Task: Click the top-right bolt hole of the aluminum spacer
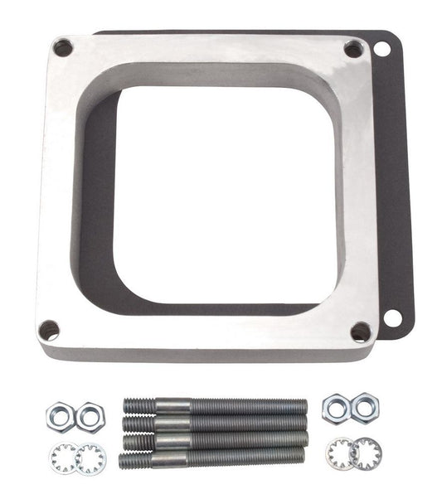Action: click(353, 49)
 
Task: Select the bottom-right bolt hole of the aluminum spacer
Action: click(361, 332)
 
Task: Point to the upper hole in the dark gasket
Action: click(382, 50)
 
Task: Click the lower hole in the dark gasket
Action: click(392, 317)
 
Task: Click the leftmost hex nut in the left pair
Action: click(61, 414)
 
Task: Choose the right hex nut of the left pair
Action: click(90, 416)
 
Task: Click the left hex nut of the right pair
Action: click(336, 408)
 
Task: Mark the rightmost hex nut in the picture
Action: click(364, 410)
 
